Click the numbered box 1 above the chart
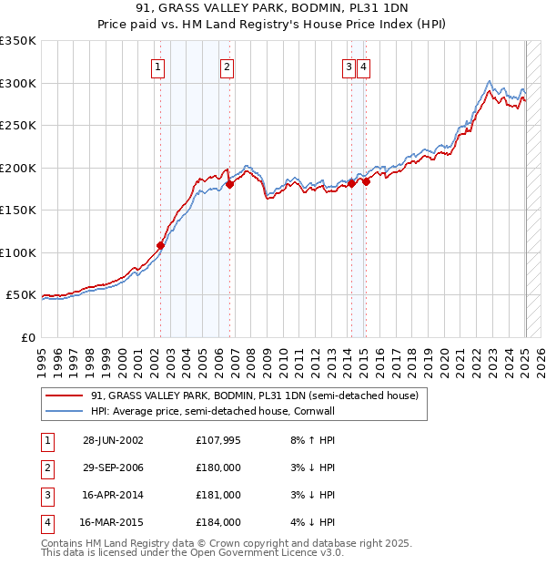coord(158,66)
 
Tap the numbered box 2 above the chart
coord(227,66)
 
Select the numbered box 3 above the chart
coord(349,66)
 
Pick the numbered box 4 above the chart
coord(363,66)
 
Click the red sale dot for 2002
coord(161,245)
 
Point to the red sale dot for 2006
coord(230,184)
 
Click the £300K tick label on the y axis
coord(18,83)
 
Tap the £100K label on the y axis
coord(18,252)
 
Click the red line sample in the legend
coord(65,396)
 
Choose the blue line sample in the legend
coord(65,411)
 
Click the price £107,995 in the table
coord(218,440)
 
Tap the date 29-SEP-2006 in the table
coord(113,467)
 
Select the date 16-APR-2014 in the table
coord(113,495)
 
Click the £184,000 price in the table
coord(218,522)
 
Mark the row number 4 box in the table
coord(46,522)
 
